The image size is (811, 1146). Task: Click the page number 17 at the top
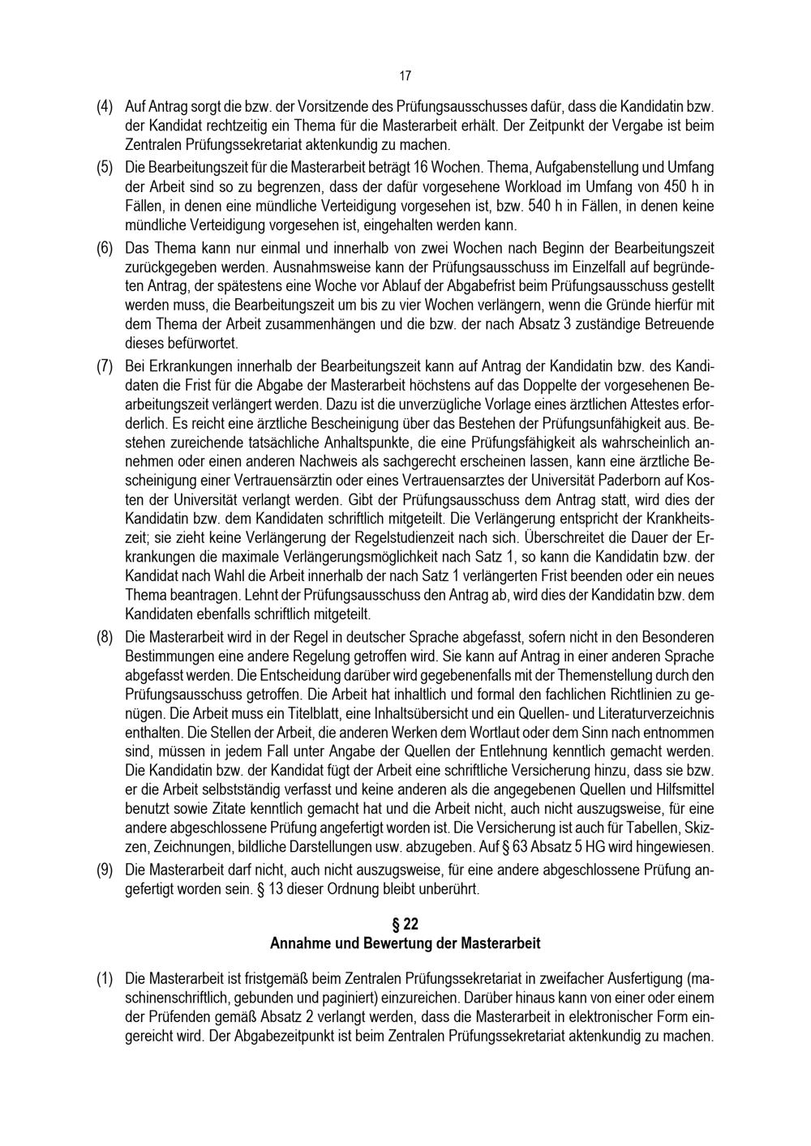[405, 76]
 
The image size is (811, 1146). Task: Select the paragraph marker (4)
[105, 106]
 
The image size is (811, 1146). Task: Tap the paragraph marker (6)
[105, 246]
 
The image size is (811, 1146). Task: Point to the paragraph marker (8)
[105, 637]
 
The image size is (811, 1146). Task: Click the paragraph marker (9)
[105, 870]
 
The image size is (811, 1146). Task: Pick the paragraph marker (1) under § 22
[105, 979]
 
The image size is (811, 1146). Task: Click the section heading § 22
[405, 925]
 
